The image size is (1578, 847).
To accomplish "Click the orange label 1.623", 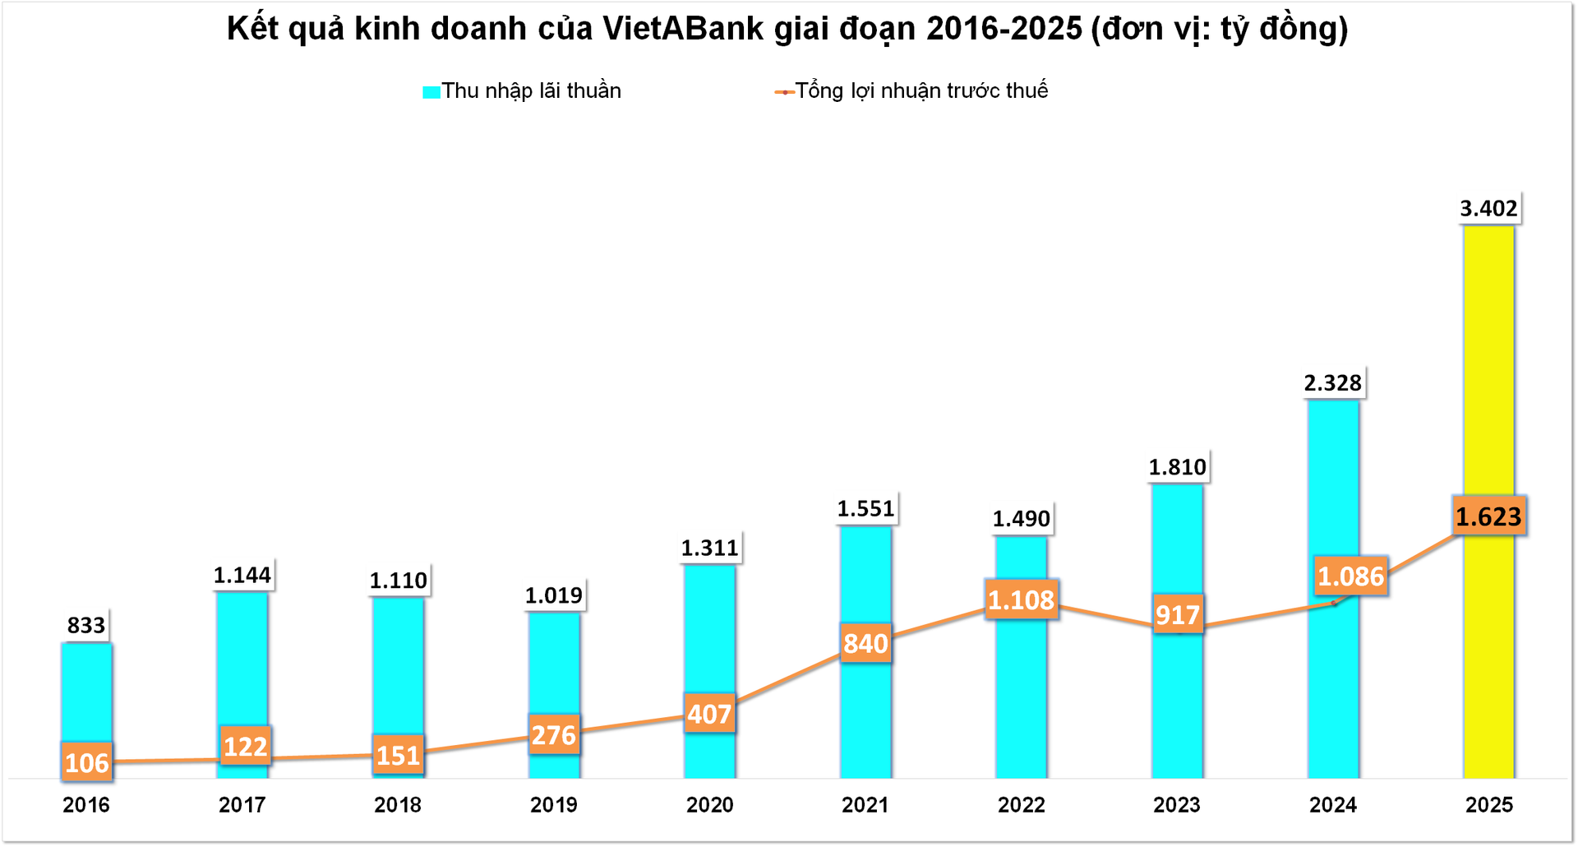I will [1488, 516].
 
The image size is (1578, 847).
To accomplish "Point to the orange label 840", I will [865, 643].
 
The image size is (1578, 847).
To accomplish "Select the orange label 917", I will [1177, 614].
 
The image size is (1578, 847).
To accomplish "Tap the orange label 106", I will [86, 762].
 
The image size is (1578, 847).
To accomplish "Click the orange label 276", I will [553, 734].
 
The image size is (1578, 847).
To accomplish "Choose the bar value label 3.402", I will [1488, 208].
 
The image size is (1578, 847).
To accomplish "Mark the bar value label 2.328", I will [1332, 382].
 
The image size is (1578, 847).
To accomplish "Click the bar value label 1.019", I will [553, 595].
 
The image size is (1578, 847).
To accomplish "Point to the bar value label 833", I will [86, 625].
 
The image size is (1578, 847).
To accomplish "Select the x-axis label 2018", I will [397, 804].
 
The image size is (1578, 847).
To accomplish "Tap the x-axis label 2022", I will [1021, 804].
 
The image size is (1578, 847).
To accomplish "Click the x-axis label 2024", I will [1332, 804].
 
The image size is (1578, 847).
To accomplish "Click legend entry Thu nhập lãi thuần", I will [530, 90].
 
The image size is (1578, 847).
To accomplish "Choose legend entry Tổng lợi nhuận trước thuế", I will [920, 90].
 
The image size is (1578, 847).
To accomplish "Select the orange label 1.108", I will [1021, 599].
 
